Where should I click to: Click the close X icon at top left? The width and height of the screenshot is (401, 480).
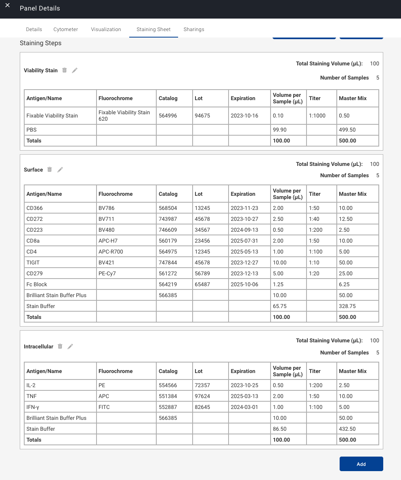7,5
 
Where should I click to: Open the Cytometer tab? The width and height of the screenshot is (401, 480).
65,29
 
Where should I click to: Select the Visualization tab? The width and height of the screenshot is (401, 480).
106,29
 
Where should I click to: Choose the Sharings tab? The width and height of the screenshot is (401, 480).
194,29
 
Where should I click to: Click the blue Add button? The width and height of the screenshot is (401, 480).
361,464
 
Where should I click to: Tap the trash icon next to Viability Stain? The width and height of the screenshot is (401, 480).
65,70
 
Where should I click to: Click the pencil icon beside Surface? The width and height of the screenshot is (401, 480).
60,170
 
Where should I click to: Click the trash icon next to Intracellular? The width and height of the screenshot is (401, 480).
60,346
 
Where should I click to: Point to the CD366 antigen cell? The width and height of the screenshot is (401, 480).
35,208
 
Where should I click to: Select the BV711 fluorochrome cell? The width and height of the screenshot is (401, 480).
105,219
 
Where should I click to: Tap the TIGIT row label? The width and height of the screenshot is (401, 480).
33,263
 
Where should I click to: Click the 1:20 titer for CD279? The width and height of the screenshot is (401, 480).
314,274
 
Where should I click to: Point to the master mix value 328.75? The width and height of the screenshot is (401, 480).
347,306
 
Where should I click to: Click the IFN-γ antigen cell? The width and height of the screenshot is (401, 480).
33,407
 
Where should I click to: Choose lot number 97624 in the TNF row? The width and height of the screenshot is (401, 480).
202,396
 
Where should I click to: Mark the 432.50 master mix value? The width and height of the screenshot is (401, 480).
347,429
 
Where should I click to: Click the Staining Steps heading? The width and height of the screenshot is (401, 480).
41,43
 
